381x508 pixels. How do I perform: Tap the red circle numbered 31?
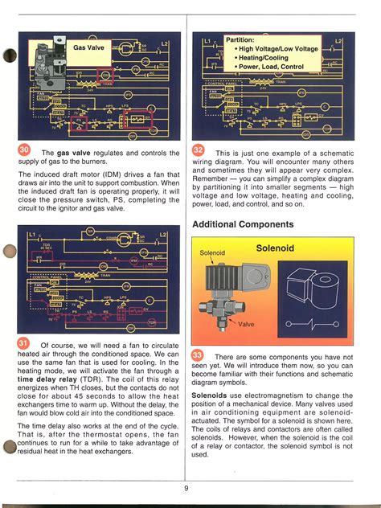point(24,345)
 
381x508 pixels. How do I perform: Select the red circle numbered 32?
point(199,153)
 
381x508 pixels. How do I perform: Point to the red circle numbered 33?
point(199,355)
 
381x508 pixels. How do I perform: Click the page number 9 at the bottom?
point(186,487)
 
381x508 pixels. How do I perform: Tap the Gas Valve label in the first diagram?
point(89,47)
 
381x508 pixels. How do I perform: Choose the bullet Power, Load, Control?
point(270,68)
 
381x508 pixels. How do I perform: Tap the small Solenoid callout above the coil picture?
point(213,254)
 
